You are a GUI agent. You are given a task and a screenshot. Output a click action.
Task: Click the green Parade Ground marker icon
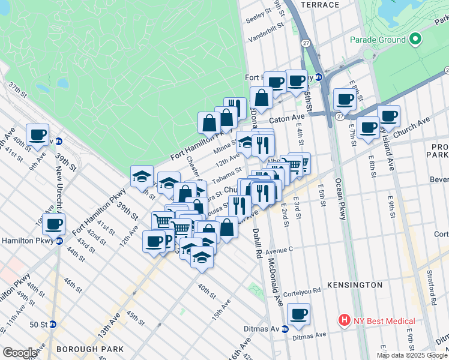point(415,40)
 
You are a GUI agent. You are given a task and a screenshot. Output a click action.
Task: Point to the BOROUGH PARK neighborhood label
point(90,349)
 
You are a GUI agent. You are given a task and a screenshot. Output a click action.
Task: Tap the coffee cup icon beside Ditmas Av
point(298,313)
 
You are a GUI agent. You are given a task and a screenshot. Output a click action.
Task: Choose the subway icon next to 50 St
point(53,325)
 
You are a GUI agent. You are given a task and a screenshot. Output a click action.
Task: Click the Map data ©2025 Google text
point(412,355)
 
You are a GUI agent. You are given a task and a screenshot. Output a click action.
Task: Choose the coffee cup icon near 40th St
point(37,135)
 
